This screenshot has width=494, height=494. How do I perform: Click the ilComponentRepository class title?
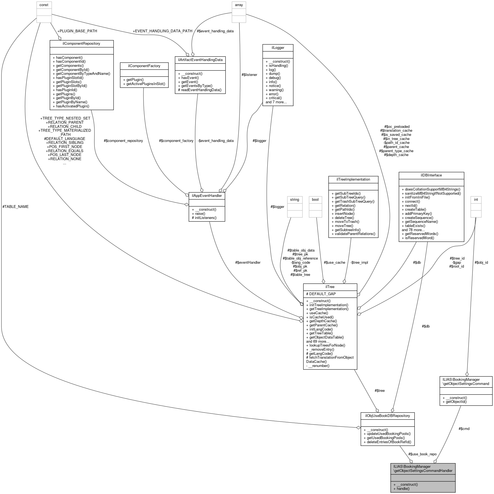click(x=81, y=44)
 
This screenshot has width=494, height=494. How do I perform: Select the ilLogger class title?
click(x=278, y=48)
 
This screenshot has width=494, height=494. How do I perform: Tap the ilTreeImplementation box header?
click(x=353, y=179)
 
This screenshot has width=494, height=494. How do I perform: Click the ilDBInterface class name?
click(x=431, y=175)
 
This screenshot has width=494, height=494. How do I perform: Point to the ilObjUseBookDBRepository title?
click(x=387, y=416)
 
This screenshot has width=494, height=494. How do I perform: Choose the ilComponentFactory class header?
click(x=144, y=66)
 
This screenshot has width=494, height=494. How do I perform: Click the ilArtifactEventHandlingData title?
click(x=200, y=60)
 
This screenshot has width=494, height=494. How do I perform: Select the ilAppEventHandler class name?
click(x=207, y=196)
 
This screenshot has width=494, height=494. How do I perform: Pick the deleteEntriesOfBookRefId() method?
click(x=387, y=442)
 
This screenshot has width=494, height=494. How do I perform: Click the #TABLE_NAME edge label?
click(x=15, y=207)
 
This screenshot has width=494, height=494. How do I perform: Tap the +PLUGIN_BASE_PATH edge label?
click(x=77, y=31)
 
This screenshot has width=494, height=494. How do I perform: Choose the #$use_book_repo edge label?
click(x=422, y=454)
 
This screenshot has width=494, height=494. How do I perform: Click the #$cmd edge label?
click(x=464, y=429)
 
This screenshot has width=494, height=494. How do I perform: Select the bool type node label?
click(x=315, y=199)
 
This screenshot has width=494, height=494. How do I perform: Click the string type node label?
click(x=294, y=199)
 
